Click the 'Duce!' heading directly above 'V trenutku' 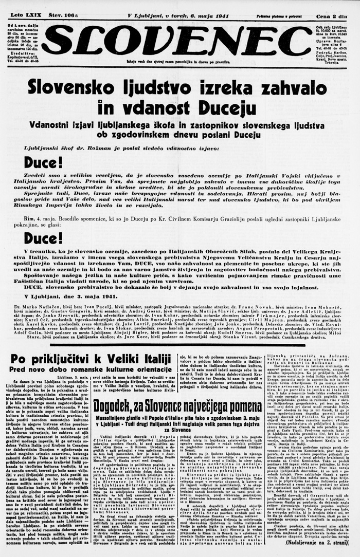[x=43, y=238]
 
